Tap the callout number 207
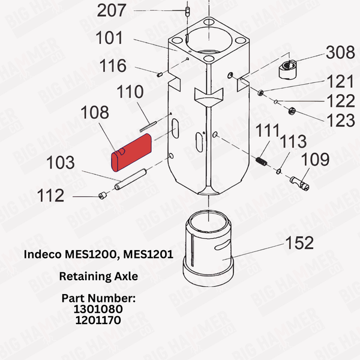point(112,10)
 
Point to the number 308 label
point(340,54)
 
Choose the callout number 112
point(51,196)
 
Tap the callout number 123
point(340,119)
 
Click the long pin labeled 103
point(131,181)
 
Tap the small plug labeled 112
point(103,196)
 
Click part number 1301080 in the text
point(98,309)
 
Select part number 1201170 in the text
point(98,320)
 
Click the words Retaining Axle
point(98,277)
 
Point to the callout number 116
point(112,65)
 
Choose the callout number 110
point(130,92)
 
